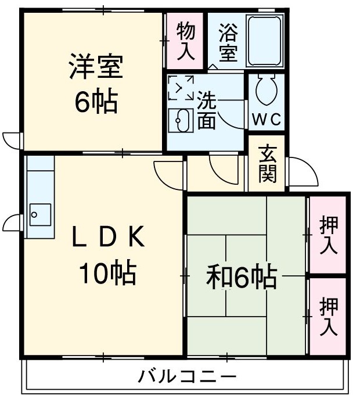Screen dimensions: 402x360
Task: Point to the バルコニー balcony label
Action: (x=187, y=377)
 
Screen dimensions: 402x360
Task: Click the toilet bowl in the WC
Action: (x=267, y=90)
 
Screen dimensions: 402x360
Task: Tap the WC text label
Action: (x=267, y=120)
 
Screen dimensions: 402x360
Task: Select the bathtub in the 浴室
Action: (x=264, y=41)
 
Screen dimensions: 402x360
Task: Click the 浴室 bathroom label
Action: (x=228, y=41)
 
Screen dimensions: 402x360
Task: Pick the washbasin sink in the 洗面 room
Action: (x=180, y=119)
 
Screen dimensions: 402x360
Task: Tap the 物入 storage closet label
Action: (x=185, y=40)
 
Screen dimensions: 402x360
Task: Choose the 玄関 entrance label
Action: (x=267, y=163)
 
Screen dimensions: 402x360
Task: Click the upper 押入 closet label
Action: (x=328, y=236)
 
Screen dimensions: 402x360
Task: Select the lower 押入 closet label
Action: (x=328, y=317)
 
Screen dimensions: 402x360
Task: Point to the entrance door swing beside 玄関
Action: (x=302, y=171)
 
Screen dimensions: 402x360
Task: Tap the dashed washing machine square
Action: (x=181, y=88)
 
